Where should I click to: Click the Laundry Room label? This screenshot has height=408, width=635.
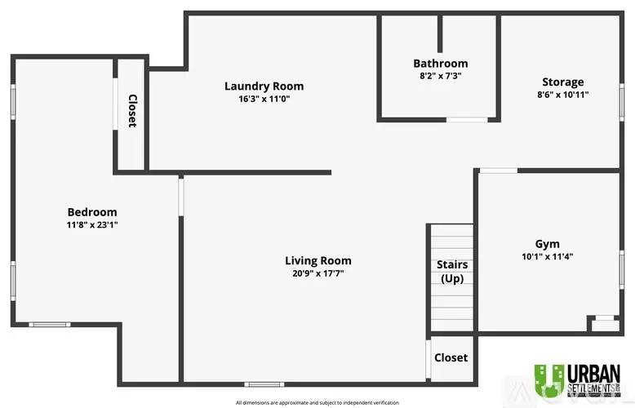[264, 86]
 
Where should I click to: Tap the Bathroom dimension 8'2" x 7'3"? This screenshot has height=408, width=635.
[440, 76]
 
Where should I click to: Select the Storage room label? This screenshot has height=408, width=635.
[563, 82]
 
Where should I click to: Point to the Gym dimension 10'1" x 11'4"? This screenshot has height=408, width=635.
[547, 256]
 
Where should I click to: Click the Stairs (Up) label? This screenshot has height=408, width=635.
[452, 272]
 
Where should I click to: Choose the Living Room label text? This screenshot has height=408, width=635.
[317, 260]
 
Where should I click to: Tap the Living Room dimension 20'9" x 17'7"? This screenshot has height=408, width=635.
[317, 273]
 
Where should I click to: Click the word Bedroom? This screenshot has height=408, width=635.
[91, 211]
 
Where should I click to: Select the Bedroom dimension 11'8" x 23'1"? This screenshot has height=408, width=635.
[91, 224]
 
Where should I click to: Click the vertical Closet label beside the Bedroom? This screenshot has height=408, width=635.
[132, 111]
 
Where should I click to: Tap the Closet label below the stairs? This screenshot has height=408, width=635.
[451, 357]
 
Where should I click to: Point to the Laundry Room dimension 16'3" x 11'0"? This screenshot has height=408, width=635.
[264, 99]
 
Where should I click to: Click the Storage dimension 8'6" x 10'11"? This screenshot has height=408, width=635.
[563, 95]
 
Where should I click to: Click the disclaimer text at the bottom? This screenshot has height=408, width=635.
[317, 402]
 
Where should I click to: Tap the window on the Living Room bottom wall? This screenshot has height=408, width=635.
[260, 384]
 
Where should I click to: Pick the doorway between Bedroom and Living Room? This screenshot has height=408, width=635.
[181, 197]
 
